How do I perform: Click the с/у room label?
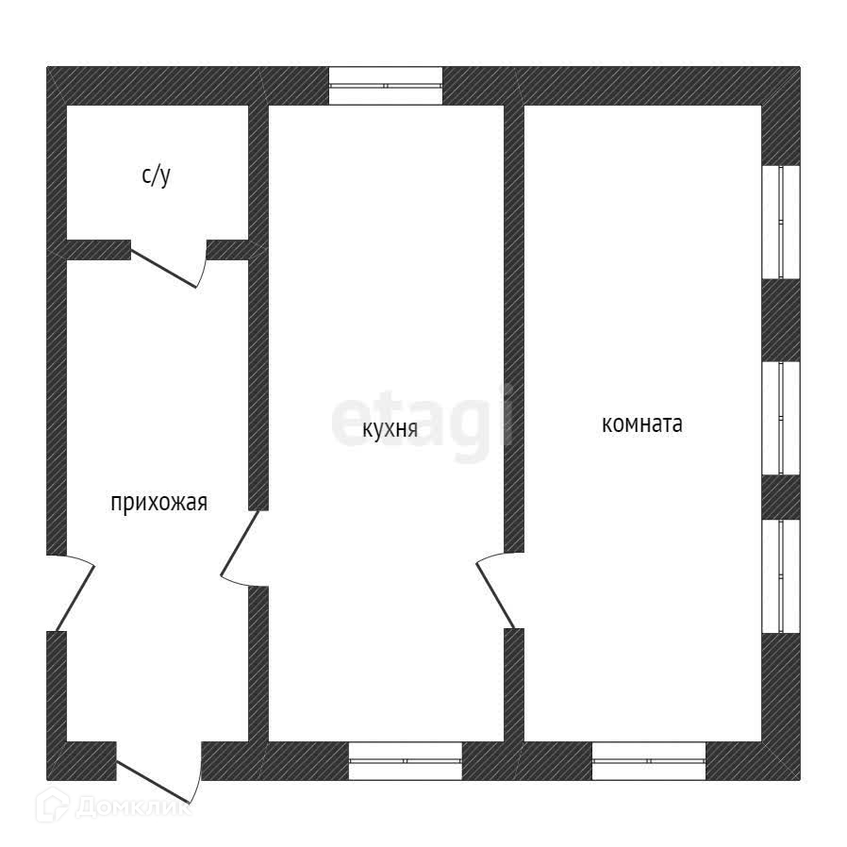point(157,175)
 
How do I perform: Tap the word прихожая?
point(158,503)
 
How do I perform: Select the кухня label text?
point(390,429)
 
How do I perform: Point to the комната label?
point(641,424)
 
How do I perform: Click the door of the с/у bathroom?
point(168,264)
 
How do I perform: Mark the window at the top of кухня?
point(385,86)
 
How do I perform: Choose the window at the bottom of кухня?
point(405,760)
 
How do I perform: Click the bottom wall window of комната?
point(649,760)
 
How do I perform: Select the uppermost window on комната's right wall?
point(781,222)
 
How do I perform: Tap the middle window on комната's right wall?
point(781,416)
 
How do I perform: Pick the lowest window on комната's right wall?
point(781,574)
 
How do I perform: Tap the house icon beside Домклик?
point(52,805)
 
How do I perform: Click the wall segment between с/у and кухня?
point(258,179)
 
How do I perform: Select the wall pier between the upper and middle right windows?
point(781,320)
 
